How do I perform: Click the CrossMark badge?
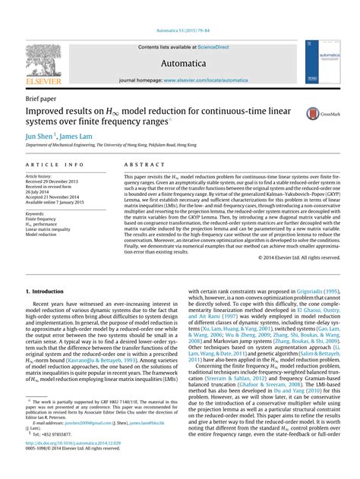pos(318,113)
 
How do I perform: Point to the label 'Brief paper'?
pos(44,99)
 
